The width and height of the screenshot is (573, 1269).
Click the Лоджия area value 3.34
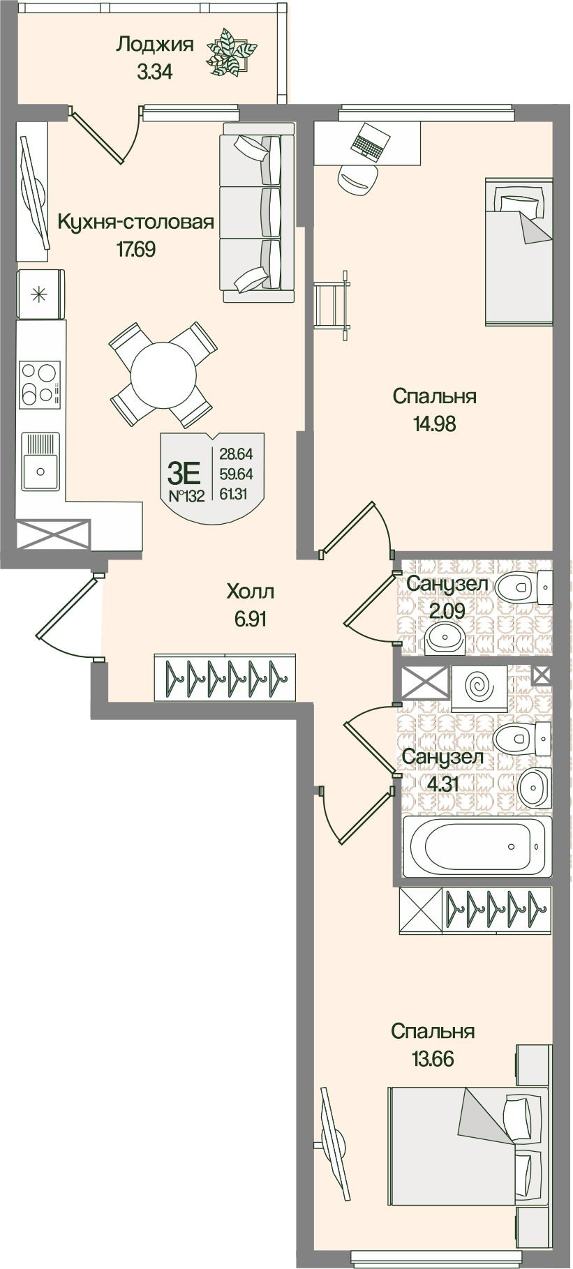(154, 71)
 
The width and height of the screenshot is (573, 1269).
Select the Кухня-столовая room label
(135, 223)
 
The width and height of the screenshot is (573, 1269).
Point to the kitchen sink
(40, 460)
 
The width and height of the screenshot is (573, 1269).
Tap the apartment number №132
(186, 497)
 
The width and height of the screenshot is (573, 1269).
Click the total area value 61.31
(236, 494)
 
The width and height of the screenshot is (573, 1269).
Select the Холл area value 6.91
(251, 619)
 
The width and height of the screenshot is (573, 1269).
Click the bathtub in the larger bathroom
(477, 846)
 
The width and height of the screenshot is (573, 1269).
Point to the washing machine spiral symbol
(479, 689)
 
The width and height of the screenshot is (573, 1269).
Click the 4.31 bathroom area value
(442, 783)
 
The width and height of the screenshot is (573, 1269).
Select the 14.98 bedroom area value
(434, 423)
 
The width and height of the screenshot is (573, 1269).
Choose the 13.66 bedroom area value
(433, 1058)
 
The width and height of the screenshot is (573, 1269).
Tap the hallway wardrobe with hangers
(225, 676)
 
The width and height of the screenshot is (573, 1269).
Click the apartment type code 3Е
(184, 474)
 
